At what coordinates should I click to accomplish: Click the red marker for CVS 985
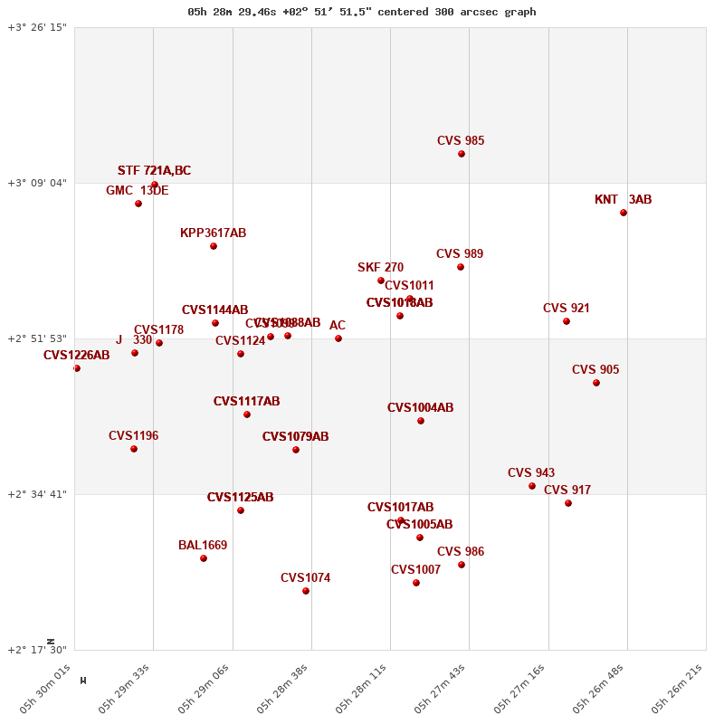pos(462,154)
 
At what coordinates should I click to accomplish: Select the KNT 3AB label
pos(623,200)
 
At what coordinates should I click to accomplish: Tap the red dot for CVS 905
pos(596,383)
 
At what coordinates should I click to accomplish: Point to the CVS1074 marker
pos(306,591)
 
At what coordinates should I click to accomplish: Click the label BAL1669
pos(203,546)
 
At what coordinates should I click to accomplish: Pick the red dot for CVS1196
pos(134,449)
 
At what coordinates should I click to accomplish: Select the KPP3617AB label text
pos(213,233)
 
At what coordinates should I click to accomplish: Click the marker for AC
pos(338,338)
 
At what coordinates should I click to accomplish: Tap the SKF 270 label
pos(380,268)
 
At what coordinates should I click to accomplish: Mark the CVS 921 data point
pos(567,321)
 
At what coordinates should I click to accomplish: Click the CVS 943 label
pos(531,473)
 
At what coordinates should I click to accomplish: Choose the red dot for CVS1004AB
pos(421,421)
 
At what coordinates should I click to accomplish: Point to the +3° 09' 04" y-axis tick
pos(37,183)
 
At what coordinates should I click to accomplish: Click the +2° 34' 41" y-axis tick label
pos(37,494)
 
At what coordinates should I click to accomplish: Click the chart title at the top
pos(362,12)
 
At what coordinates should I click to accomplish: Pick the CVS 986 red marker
pos(462,565)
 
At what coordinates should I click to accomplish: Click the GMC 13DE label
pos(137,191)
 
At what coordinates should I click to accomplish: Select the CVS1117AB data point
pos(247,414)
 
